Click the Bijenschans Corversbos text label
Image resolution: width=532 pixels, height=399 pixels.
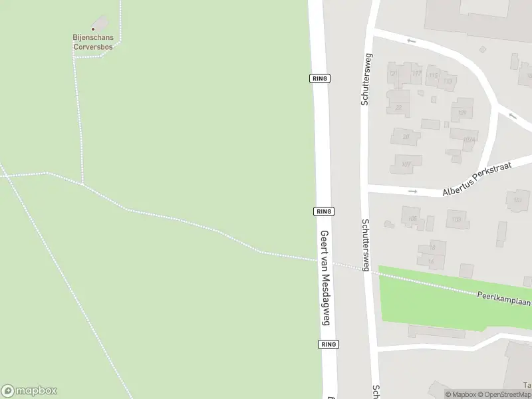tap(92, 43)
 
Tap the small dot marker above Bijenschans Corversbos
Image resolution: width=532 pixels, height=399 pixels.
tap(92, 29)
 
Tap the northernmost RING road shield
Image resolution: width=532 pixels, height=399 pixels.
tap(320, 78)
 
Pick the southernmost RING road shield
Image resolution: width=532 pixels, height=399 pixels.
tap(328, 344)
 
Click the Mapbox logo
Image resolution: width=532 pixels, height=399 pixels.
tap(29, 391)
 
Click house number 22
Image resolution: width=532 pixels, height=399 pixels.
tap(399, 106)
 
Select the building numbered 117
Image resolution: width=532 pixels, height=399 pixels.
tap(417, 74)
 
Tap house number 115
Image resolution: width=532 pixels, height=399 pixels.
tap(434, 76)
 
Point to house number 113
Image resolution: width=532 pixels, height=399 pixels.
tap(448, 82)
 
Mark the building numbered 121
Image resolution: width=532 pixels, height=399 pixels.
tap(393, 72)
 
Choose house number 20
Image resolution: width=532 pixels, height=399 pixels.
tap(406, 138)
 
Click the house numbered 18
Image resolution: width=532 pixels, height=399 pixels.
tap(432, 247)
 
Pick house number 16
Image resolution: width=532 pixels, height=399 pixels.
tap(430, 261)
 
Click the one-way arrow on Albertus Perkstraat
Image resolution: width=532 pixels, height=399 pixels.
tap(412, 192)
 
